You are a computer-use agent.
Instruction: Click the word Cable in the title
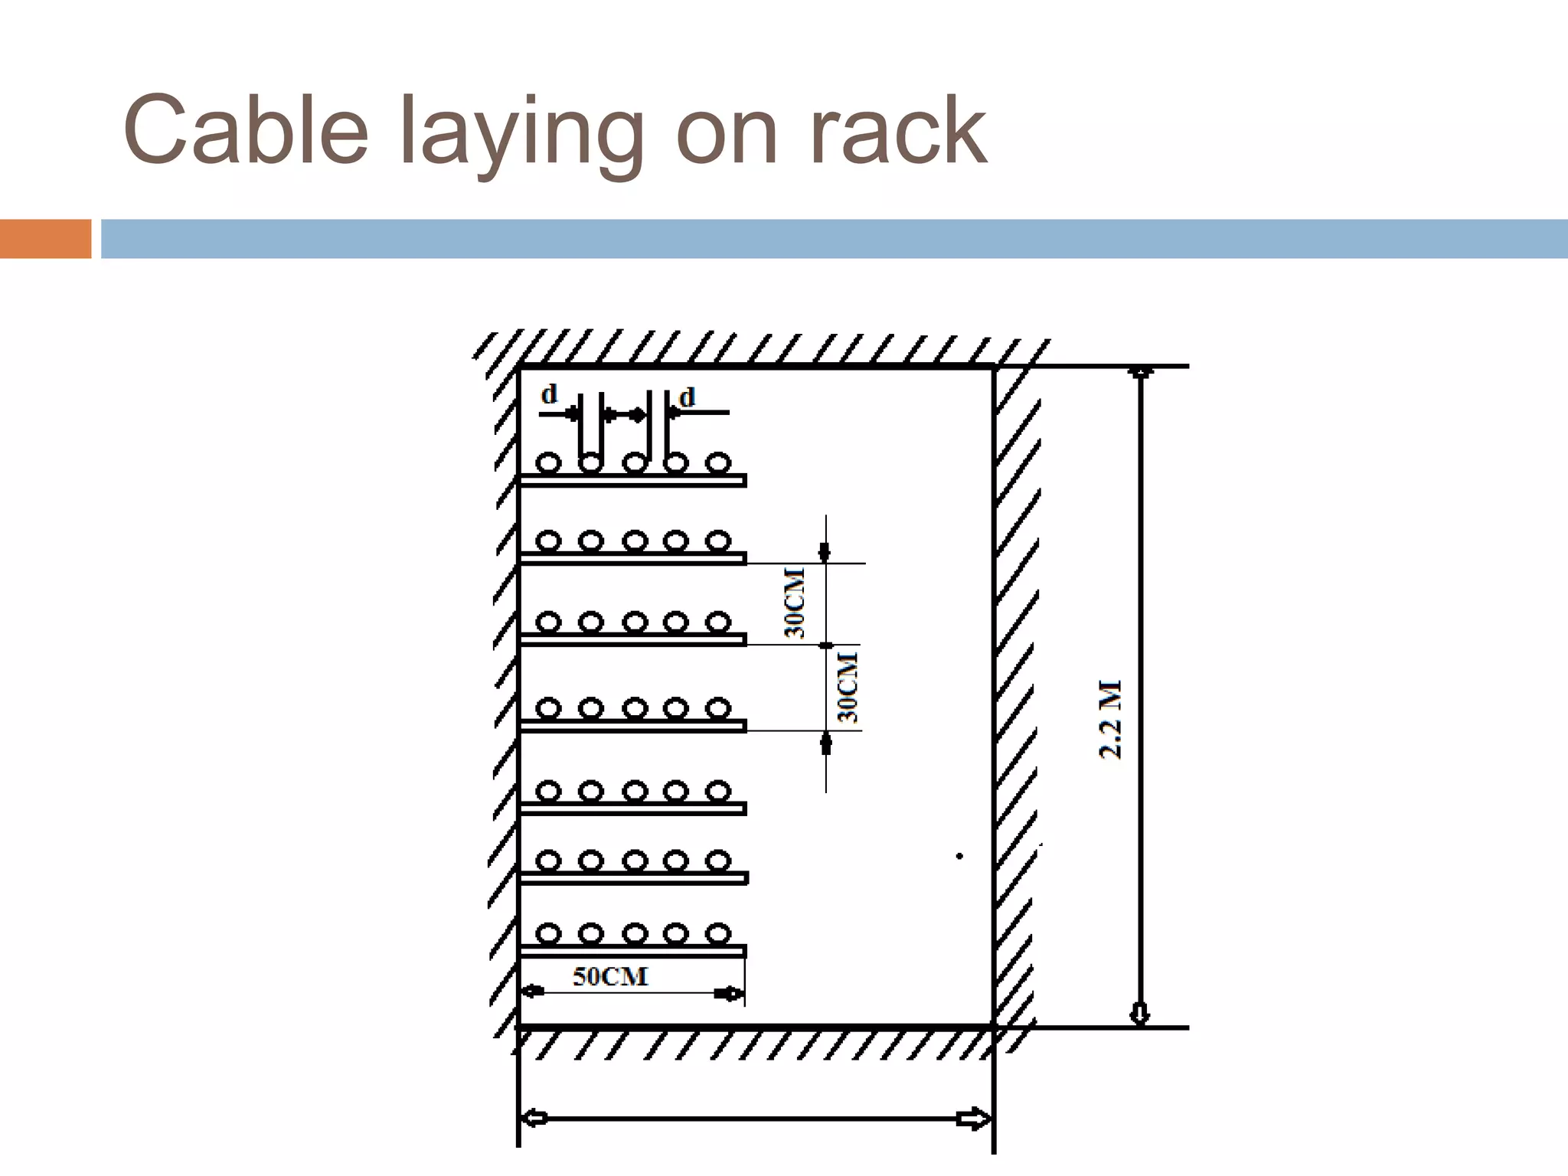point(245,130)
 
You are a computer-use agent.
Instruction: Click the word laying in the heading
point(521,134)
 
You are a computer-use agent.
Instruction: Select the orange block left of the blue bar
point(45,239)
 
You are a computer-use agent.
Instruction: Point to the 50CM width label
point(610,977)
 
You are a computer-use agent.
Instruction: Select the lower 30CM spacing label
point(848,687)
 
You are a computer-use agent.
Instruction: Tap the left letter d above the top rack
point(549,395)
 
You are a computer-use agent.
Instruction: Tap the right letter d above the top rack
point(687,397)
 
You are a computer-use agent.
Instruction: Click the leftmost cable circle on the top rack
point(548,462)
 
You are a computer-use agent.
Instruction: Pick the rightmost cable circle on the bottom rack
point(717,933)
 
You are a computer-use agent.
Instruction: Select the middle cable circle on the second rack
point(635,541)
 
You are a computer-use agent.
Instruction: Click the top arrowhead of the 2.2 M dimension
point(1141,373)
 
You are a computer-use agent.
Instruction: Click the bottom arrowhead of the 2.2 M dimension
point(1140,1014)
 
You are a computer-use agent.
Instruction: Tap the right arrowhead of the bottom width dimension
point(973,1119)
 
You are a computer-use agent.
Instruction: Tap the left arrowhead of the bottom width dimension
point(534,1119)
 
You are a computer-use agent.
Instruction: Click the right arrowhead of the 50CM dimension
point(727,994)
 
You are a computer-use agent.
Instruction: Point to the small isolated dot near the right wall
point(959,856)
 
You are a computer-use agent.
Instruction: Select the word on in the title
point(727,134)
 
